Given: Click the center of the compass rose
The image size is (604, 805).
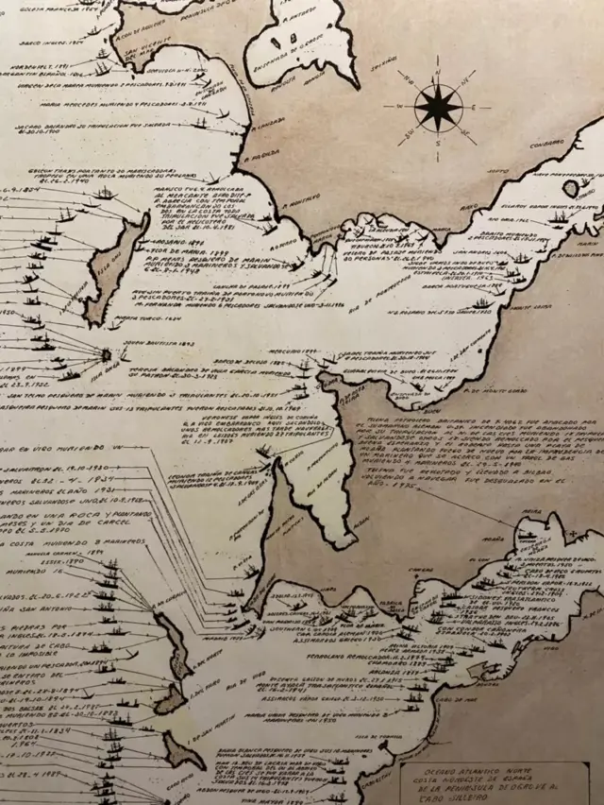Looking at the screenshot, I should (438, 107).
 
